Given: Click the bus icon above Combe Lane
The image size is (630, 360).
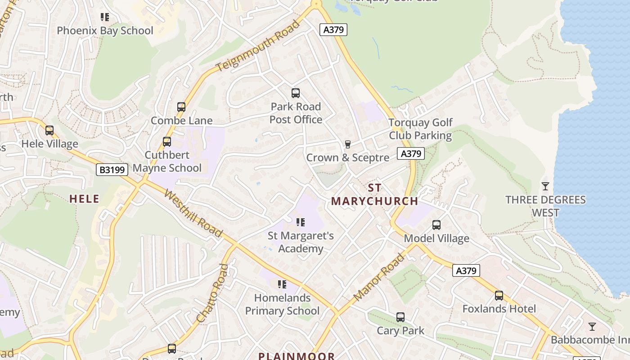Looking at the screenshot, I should click(181, 107).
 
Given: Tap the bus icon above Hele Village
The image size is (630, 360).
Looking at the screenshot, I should click(49, 130).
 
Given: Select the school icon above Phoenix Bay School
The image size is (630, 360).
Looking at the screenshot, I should click(105, 18).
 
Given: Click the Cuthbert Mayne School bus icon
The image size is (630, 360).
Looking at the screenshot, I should click(167, 142).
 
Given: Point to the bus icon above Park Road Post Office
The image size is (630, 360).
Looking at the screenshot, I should click(296, 93).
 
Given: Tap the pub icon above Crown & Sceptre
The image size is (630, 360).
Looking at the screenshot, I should click(347, 144).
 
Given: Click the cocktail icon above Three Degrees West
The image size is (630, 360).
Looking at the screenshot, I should click(545, 186).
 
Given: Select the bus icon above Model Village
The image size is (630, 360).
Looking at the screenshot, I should click(436, 225).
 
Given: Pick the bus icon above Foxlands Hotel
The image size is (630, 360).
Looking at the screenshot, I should click(499, 296).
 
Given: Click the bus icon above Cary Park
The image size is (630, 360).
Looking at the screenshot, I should click(400, 317).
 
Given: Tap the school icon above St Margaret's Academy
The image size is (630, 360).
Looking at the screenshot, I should click(301, 222).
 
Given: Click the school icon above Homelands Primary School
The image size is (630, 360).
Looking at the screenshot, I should click(282, 284).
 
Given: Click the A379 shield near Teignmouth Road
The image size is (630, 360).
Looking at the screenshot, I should click(333, 30).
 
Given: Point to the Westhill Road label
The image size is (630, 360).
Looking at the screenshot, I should click(193, 213).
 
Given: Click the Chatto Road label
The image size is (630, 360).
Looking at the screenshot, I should click(213, 293).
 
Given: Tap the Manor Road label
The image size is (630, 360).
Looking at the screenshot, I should click(379, 277).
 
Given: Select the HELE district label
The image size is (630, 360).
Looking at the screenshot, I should click(84, 199).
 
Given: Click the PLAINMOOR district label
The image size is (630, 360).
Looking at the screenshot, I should click(297, 356).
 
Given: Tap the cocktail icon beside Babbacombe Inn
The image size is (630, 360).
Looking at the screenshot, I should click(592, 326).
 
